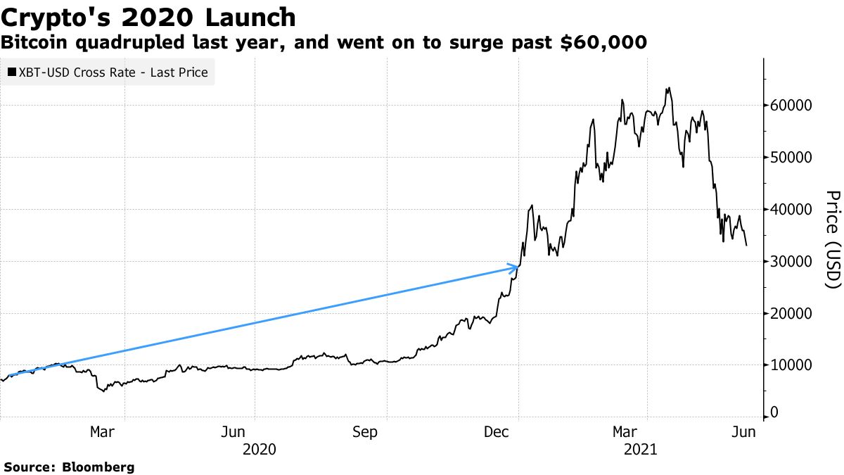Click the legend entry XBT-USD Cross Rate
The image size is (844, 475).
tap(113, 72)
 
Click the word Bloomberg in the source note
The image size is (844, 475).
tap(98, 467)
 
